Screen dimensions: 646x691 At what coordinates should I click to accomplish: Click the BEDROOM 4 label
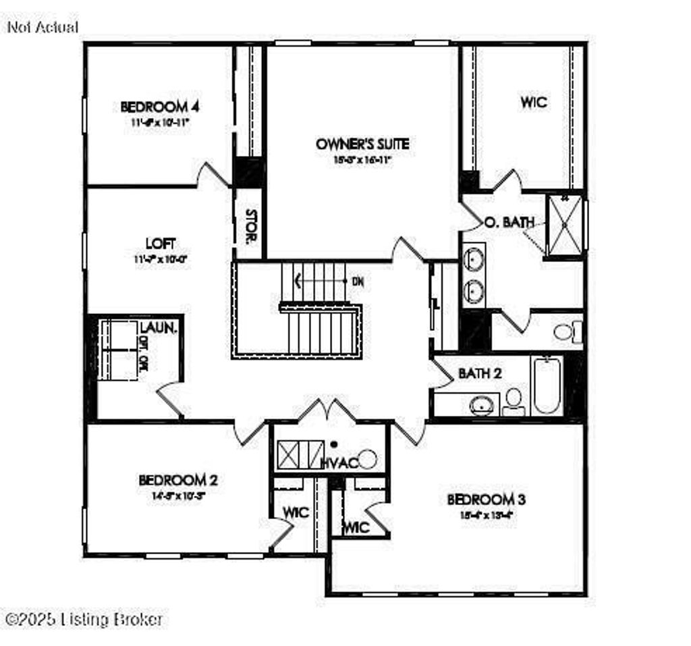click(x=159, y=107)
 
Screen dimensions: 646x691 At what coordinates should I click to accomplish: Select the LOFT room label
click(x=160, y=243)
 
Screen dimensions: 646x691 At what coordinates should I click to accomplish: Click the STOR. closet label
click(x=250, y=226)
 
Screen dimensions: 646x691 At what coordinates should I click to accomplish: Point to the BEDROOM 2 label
click(x=177, y=480)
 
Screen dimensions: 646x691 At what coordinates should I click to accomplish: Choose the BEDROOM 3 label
click(x=487, y=500)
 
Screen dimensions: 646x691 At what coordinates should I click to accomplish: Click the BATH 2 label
click(x=480, y=373)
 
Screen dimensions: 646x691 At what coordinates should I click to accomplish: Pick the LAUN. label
click(x=159, y=329)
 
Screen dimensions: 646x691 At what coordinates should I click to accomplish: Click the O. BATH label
click(x=510, y=221)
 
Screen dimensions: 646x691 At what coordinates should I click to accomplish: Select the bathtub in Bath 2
click(x=547, y=386)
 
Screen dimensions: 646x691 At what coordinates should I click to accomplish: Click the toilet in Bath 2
click(x=514, y=399)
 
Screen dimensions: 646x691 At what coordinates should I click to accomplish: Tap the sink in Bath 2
click(x=480, y=405)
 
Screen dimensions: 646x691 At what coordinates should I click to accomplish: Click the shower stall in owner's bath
click(x=565, y=225)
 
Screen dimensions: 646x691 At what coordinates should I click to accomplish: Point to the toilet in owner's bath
click(x=565, y=331)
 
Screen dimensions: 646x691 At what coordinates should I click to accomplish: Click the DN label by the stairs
click(x=358, y=281)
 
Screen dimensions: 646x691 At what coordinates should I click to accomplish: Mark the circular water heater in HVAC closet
click(x=368, y=459)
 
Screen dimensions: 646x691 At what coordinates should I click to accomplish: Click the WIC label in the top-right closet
click(x=533, y=103)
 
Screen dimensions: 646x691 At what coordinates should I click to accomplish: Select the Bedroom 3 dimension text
click(x=487, y=514)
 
